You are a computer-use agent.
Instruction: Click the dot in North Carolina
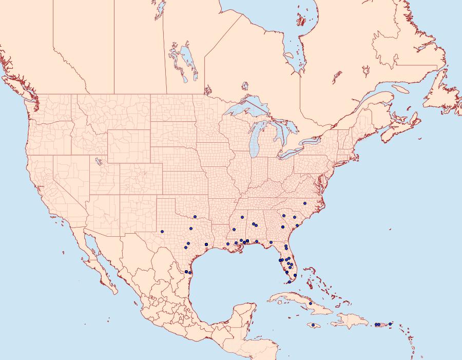pyautogui.click(x=305, y=203)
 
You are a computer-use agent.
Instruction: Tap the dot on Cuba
pyautogui.click(x=311, y=304)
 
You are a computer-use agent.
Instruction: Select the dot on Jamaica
pyautogui.click(x=312, y=325)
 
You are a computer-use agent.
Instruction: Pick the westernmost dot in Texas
pyautogui.click(x=162, y=231)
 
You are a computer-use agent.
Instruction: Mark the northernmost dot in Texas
pyautogui.click(x=195, y=217)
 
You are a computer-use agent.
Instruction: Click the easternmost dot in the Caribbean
pyautogui.click(x=390, y=324)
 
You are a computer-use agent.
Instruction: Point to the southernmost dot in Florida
pyautogui.click(x=290, y=281)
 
